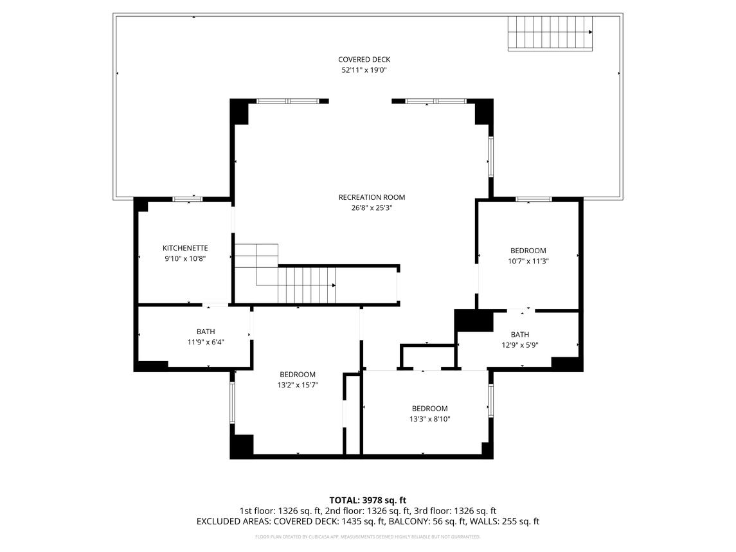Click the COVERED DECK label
click(364, 60)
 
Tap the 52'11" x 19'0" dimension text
click(364, 70)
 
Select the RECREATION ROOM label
click(372, 197)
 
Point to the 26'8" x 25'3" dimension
click(372, 208)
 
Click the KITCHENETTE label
click(185, 248)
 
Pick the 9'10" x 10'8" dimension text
click(185, 258)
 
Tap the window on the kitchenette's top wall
click(188, 199)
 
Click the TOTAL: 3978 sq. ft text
click(368, 500)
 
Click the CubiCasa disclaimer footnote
click(368, 537)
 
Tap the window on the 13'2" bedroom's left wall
click(233, 403)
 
